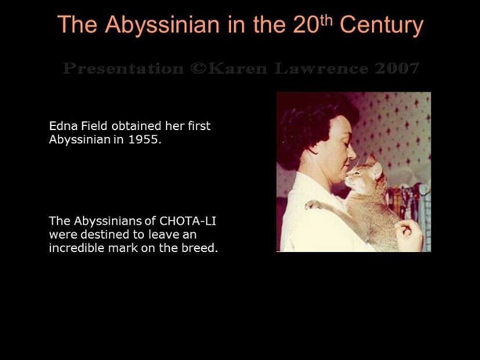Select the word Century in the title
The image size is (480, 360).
point(381,25)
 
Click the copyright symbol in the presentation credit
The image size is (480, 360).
point(196,69)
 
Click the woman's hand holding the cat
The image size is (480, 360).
point(410,235)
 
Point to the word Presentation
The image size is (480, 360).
point(122,69)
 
